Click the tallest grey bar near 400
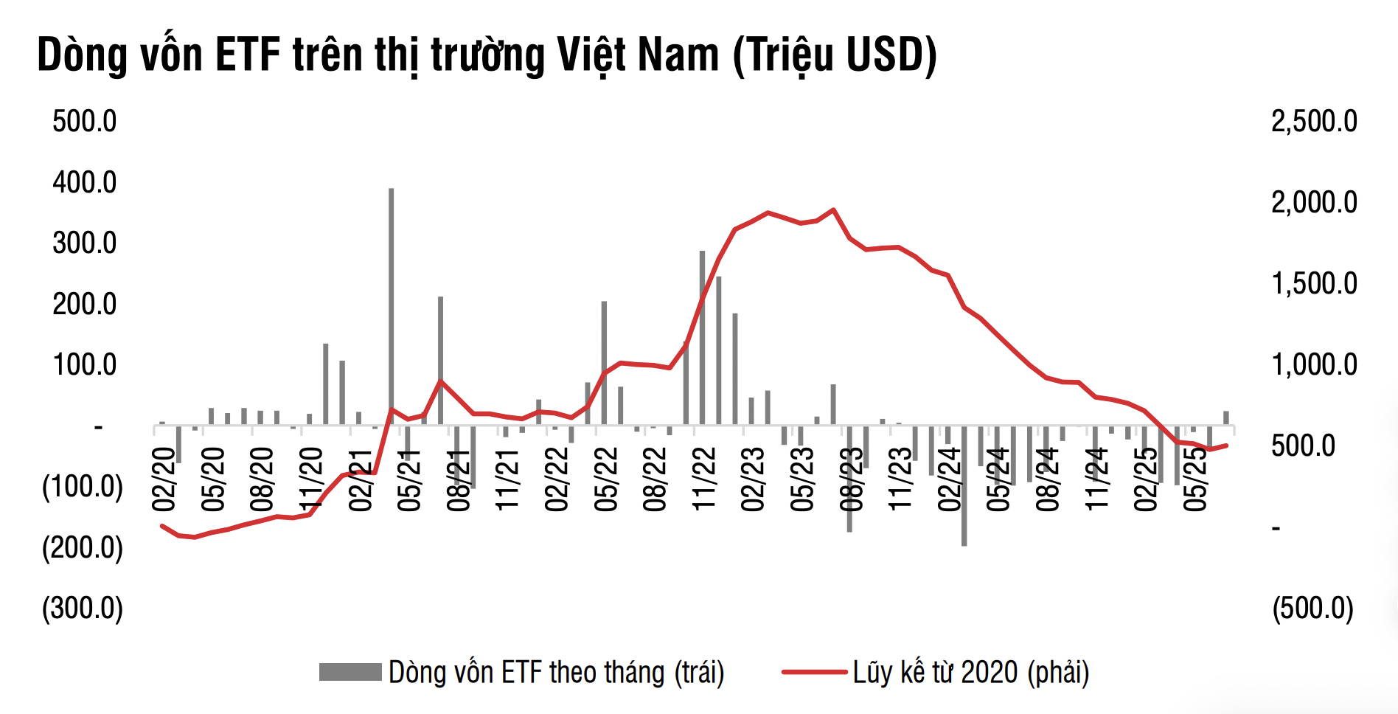(391, 306)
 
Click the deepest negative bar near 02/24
(964, 487)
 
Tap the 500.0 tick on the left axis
(84, 122)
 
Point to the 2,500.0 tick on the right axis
(1314, 122)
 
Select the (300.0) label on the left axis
(83, 609)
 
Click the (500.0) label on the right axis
(1313, 609)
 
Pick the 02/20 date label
(164, 479)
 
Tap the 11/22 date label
(704, 479)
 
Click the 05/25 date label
(1195, 479)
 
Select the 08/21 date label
(459, 479)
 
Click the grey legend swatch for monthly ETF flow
(350, 672)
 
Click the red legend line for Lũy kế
(814, 672)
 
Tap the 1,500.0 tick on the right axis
(1314, 284)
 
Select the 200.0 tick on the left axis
(84, 304)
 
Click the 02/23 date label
(753, 479)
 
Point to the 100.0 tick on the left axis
(84, 364)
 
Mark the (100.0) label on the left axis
(83, 487)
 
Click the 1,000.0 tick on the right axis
(1314, 365)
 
